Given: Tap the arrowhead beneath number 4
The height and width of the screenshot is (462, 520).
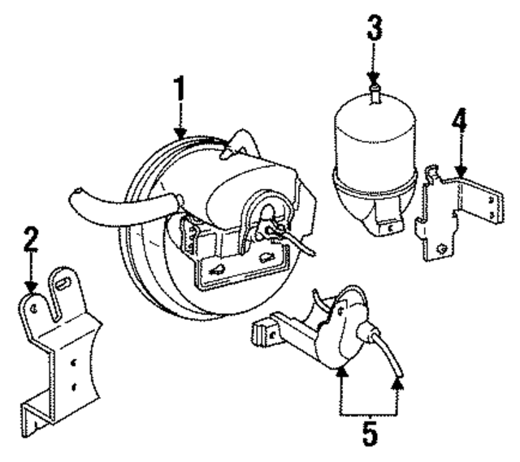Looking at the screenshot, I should point(460,171).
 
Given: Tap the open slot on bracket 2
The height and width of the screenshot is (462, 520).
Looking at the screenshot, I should point(63,289).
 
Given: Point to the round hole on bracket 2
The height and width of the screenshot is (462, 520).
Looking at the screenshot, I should point(33,307).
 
